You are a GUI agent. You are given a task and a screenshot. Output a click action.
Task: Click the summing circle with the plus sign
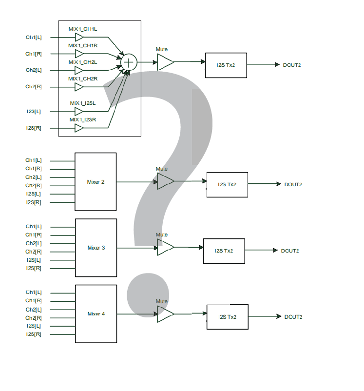click(x=129, y=62)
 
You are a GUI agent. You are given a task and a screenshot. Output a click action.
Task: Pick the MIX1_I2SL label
click(x=82, y=103)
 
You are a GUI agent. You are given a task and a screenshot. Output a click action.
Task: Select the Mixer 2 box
click(x=96, y=182)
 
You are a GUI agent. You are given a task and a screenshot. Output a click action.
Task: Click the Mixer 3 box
click(x=96, y=248)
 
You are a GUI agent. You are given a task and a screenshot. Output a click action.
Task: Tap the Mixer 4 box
click(x=96, y=313)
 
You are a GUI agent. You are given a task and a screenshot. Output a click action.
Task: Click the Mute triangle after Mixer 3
click(x=165, y=248)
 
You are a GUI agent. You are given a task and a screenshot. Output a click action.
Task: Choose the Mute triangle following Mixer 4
click(x=165, y=314)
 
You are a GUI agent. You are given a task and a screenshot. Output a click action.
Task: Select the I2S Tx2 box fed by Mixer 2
click(x=227, y=184)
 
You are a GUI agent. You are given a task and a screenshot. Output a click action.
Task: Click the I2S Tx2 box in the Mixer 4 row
click(x=227, y=317)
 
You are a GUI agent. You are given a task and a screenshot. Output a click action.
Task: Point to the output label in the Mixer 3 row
click(x=290, y=251)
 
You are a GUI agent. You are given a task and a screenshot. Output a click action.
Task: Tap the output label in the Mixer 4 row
click(x=293, y=317)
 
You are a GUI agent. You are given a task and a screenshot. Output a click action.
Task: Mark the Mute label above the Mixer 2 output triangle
click(x=162, y=169)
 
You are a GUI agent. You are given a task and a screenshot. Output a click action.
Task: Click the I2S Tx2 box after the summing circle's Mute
click(x=226, y=65)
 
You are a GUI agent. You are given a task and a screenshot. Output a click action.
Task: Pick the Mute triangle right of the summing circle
click(x=165, y=62)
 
